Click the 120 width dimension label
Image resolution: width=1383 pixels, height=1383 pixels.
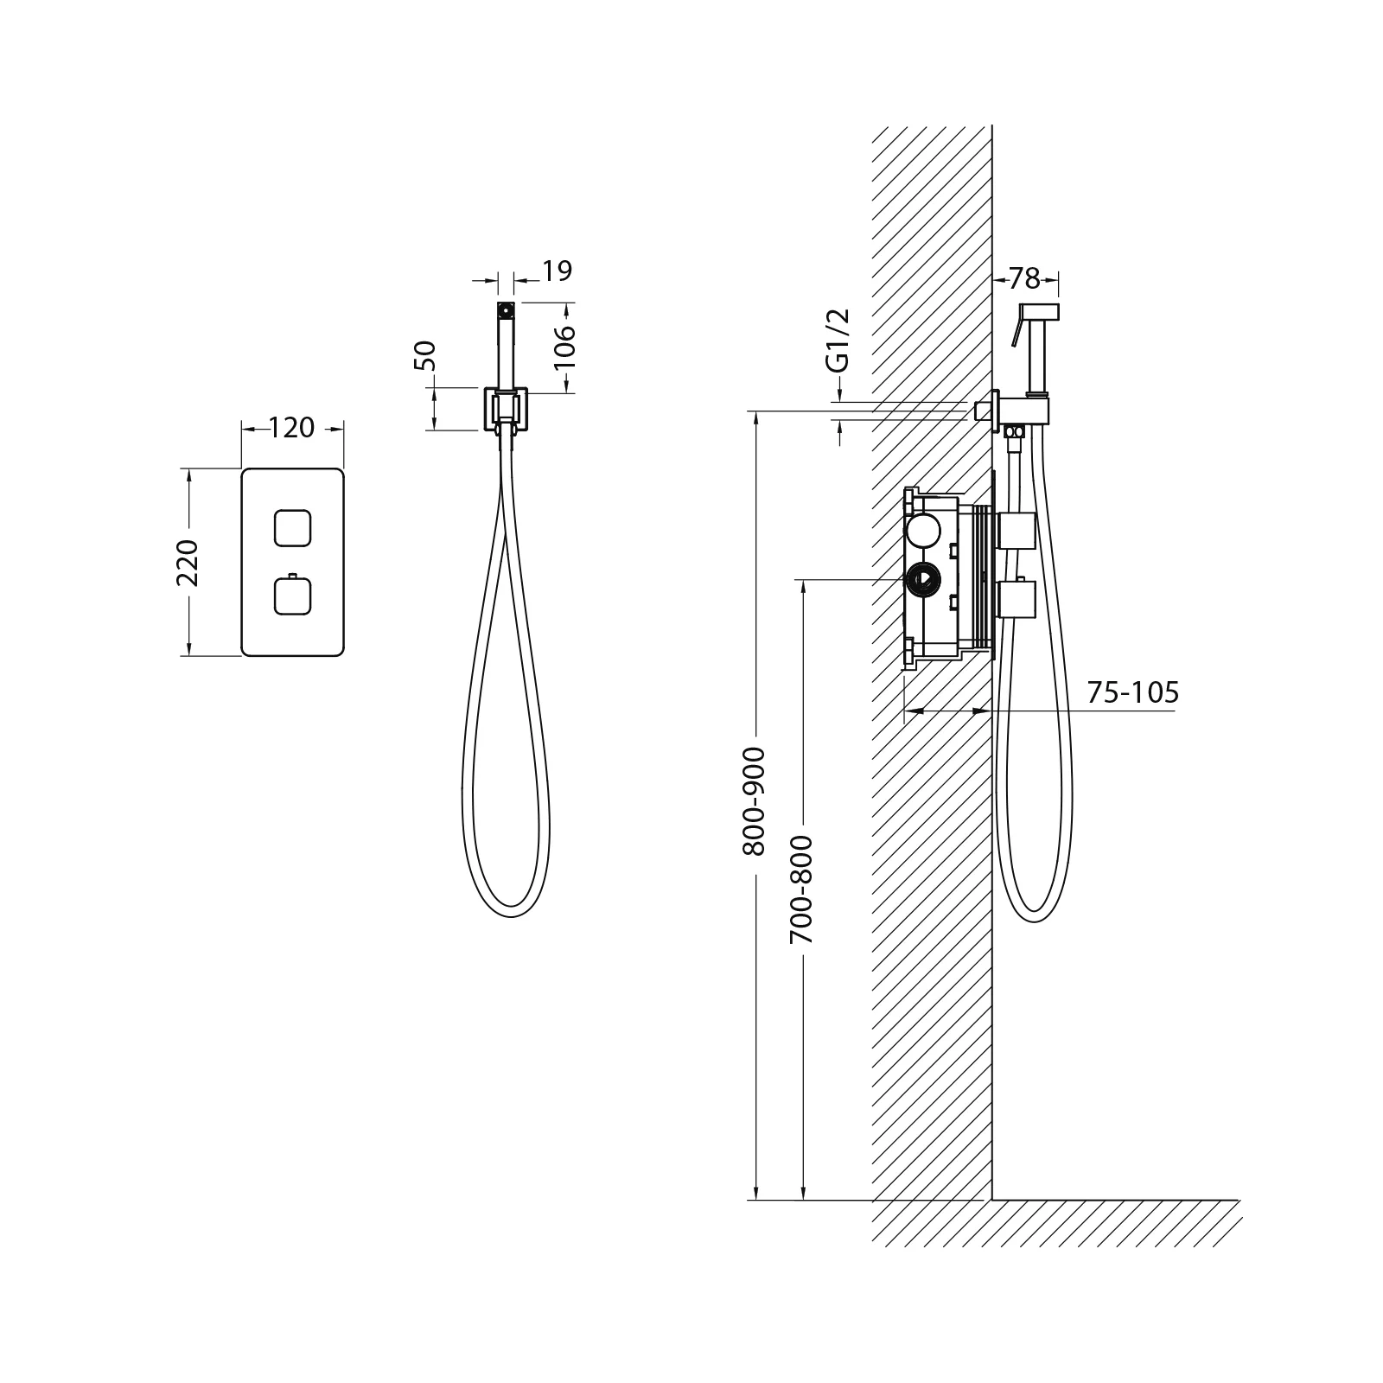pos(292,428)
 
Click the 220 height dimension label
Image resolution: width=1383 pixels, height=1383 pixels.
pos(188,563)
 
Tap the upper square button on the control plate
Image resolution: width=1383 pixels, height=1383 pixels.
pos(292,528)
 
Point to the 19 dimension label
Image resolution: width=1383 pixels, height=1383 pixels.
pos(558,271)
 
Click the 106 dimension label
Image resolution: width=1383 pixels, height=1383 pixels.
pos(564,346)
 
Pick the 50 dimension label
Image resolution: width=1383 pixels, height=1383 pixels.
pos(426,355)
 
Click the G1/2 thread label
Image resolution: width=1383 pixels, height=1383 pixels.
pos(838,340)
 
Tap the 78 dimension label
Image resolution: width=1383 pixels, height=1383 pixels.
pos(1024,278)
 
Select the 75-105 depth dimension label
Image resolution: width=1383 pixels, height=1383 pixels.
pos(1132,692)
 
